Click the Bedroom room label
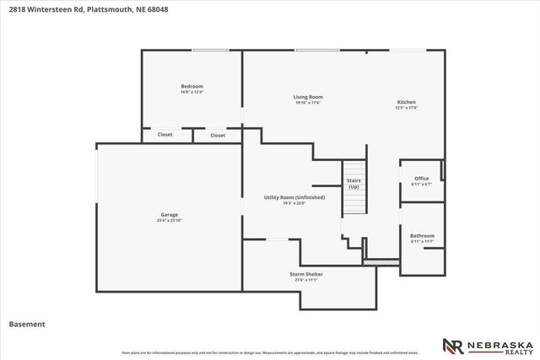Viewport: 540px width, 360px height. (192, 86)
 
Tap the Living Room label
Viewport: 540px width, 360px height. (308, 97)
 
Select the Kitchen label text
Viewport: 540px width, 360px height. (408, 102)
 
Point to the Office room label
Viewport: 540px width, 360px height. (421, 178)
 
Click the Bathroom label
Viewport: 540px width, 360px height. (422, 235)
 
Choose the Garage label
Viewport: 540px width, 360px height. (169, 214)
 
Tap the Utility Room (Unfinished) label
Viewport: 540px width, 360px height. (294, 197)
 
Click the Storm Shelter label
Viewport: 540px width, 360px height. (306, 274)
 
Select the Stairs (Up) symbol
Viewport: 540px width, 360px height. (354, 183)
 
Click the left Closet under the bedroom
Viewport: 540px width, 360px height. (165, 135)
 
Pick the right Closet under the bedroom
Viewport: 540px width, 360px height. (218, 135)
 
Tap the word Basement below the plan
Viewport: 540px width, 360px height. (26, 324)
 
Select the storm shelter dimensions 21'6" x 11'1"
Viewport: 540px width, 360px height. (306, 279)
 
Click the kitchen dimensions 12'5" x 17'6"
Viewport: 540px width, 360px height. (408, 107)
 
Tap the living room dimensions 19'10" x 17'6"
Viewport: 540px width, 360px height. (308, 103)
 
